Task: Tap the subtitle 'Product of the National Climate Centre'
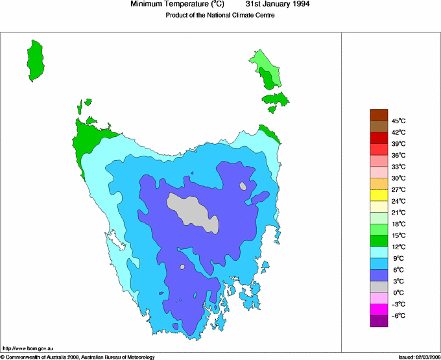point(220,16)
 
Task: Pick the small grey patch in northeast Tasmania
point(243,186)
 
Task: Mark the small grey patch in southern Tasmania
point(183,266)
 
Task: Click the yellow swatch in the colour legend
point(379,195)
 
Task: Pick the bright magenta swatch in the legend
point(379,309)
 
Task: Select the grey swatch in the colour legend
point(379,287)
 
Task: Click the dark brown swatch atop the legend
point(379,115)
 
